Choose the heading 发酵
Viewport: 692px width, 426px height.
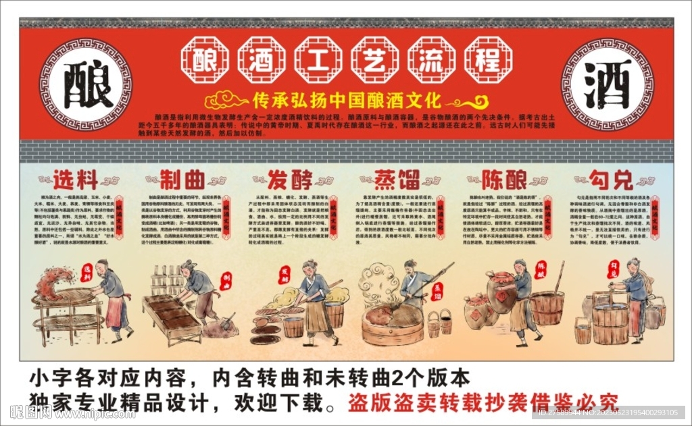pyautogui.click(x=290, y=180)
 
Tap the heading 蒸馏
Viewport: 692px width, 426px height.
pyautogui.click(x=397, y=180)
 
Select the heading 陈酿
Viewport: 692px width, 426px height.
pyautogui.click(x=504, y=180)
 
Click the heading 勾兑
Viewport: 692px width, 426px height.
pyautogui.click(x=610, y=180)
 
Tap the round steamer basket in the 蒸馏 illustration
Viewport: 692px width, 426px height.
pyautogui.click(x=392, y=322)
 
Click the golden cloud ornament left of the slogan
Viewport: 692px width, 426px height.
pyautogui.click(x=226, y=101)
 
